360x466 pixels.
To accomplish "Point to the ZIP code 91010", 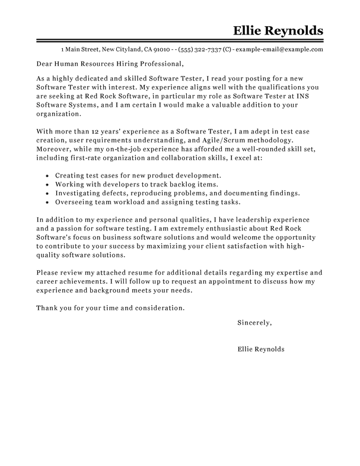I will click(x=162, y=49).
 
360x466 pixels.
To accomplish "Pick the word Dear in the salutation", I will click(x=46, y=64).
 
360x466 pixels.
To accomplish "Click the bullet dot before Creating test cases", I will click(x=46, y=177).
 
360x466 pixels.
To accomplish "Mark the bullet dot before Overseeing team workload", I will click(x=46, y=204).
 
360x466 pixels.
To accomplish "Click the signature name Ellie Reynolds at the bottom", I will click(x=260, y=350).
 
